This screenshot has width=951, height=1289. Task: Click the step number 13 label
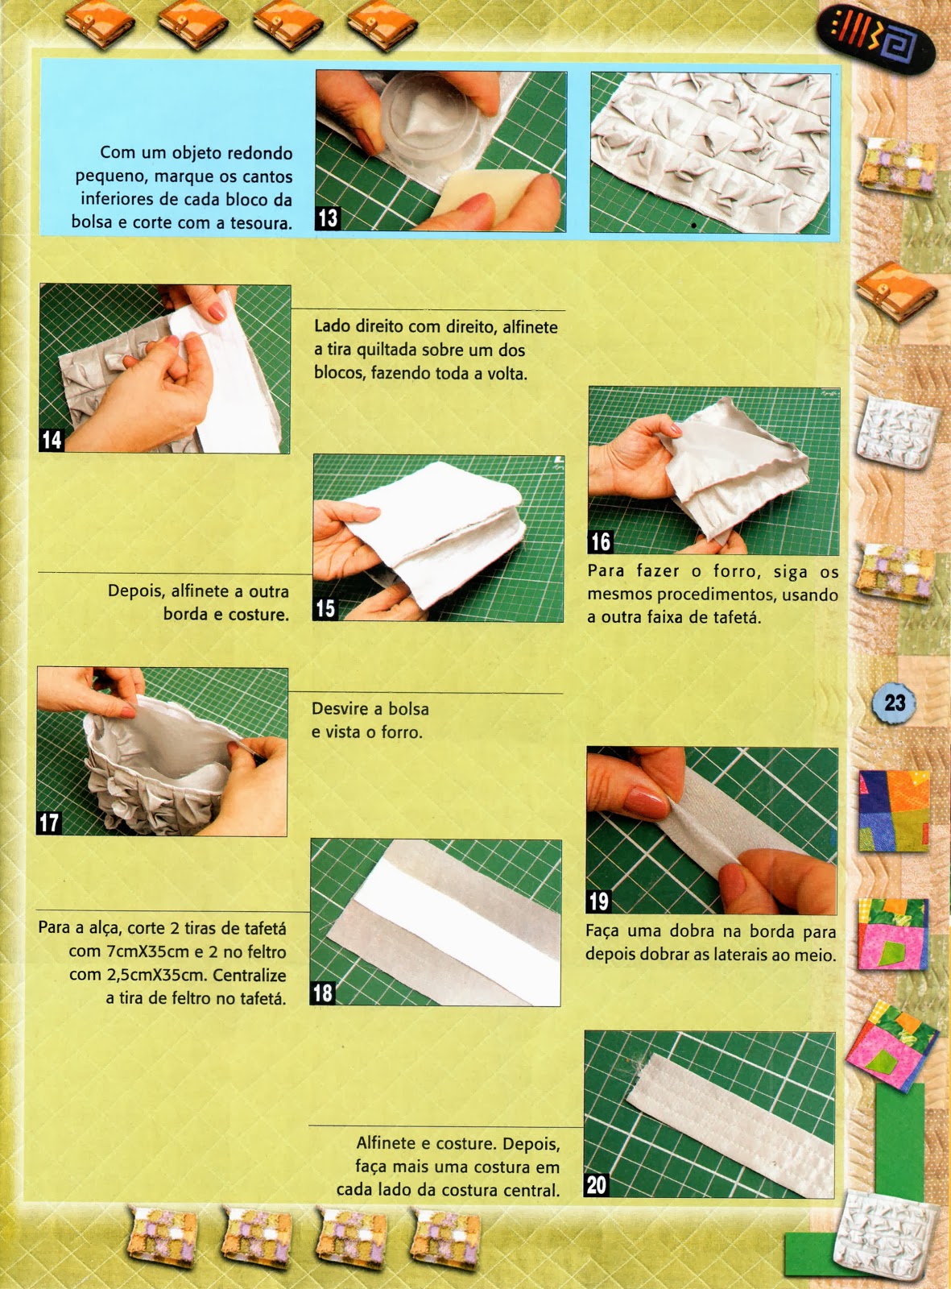click(x=328, y=218)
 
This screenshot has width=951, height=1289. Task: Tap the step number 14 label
click(x=52, y=439)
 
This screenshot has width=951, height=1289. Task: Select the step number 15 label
click(x=325, y=608)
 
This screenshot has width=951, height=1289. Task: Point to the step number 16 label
click(x=601, y=541)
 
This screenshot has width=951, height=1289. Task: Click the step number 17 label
click(x=49, y=823)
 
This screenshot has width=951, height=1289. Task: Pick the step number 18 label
click(x=323, y=993)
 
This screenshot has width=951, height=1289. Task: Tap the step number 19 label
click(x=599, y=901)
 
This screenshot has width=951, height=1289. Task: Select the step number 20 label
click(x=597, y=1185)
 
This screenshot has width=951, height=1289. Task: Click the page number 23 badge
click(x=895, y=703)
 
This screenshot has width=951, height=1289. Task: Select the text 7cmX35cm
click(x=129, y=951)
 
